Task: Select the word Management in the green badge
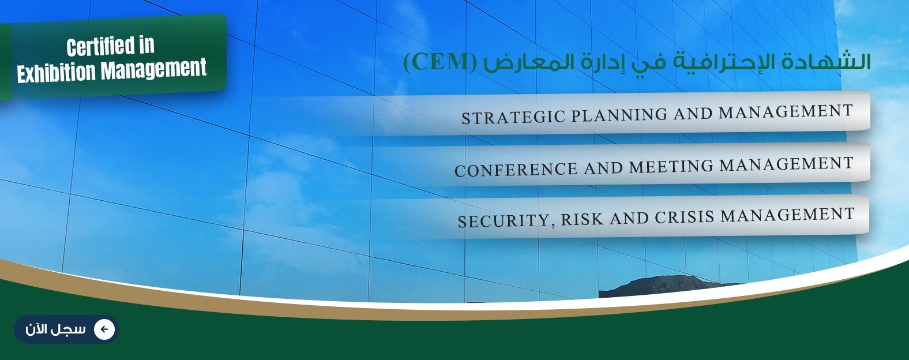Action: pos(154,69)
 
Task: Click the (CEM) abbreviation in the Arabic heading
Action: pos(438,62)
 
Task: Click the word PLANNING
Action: pos(619,114)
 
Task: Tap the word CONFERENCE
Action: pos(516,169)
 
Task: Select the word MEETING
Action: pos(671,166)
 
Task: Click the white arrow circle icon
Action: pos(104,329)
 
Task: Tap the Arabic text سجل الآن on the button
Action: pos(55,329)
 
